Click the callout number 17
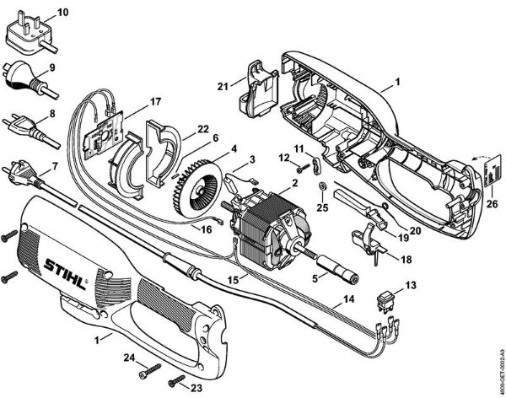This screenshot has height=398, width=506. pos(154,102)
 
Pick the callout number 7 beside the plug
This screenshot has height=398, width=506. pos(56,167)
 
